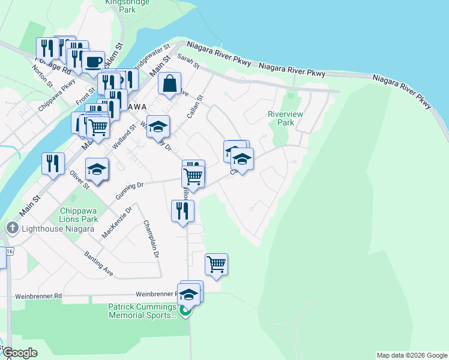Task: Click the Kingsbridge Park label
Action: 119,6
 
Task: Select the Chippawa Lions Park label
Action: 79,215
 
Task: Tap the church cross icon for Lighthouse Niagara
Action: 12,228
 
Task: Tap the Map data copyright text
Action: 412,355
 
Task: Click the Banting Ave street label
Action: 98,263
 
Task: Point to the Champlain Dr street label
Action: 151,239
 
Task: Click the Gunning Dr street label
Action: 131,186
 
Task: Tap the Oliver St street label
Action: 79,181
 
